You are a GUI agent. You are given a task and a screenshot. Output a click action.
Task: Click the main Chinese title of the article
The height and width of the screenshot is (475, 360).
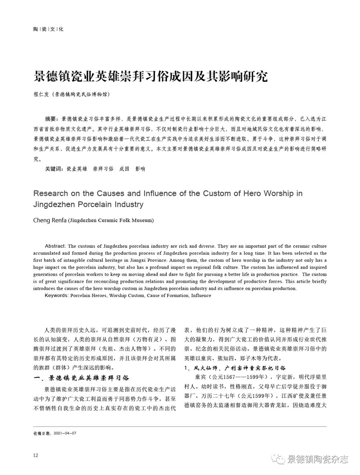click(x=151, y=76)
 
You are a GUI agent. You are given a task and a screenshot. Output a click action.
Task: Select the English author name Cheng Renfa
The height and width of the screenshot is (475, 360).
click(x=50, y=220)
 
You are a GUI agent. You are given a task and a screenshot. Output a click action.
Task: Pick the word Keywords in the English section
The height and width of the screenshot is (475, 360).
click(x=56, y=295)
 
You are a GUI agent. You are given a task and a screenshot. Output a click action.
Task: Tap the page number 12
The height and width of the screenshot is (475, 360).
click(x=36, y=455)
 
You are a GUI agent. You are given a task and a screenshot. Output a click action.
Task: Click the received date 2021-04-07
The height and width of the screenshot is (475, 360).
click(x=67, y=433)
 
